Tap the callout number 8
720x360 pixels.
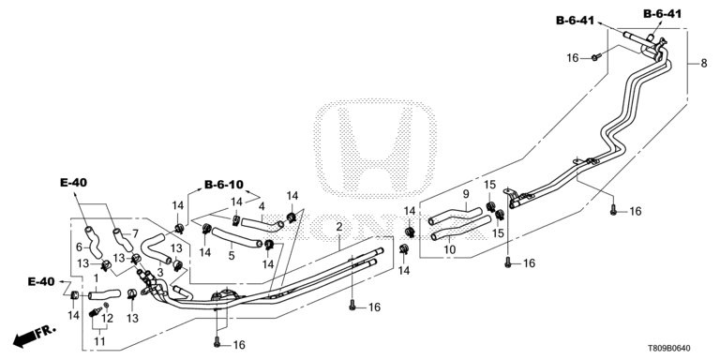pos(704,64)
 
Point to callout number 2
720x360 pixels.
pos(338,227)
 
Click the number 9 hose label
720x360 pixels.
pos(465,194)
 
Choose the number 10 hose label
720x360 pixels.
pos(450,249)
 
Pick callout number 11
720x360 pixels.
pos(99,341)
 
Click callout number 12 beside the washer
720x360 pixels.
pos(107,318)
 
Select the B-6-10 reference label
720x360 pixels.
pos(224,185)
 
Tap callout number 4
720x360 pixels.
pos(262,206)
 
